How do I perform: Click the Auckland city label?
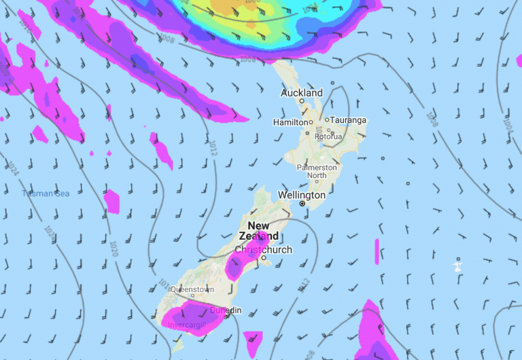tap(302, 92)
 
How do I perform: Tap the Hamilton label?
tap(291, 122)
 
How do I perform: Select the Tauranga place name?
tap(348, 120)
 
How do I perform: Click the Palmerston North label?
tap(316, 171)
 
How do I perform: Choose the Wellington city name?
tap(302, 195)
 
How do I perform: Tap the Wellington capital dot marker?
tap(303, 204)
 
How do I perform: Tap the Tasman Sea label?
tap(46, 194)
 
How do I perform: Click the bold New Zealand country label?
tap(258, 231)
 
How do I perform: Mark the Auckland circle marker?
tap(302, 101)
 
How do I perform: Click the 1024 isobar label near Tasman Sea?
tap(13, 167)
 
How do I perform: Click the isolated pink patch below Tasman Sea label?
tap(111, 201)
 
